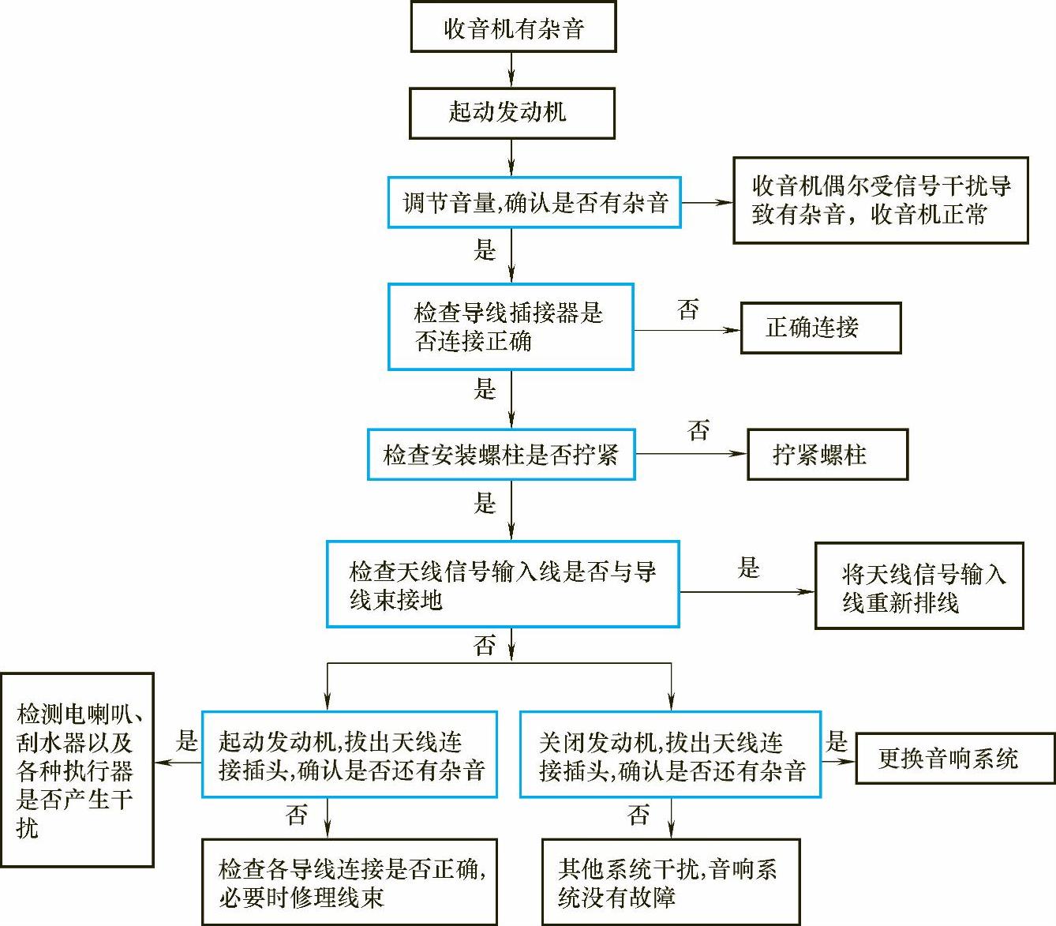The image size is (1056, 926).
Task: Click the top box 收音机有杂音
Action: point(513,28)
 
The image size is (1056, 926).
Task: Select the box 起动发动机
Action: point(511,113)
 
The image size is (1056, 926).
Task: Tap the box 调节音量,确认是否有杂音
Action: point(534,203)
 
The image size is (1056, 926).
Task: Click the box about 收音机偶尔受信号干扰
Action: point(880,201)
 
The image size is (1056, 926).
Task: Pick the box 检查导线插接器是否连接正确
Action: point(511,327)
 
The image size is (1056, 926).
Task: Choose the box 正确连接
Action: point(820,328)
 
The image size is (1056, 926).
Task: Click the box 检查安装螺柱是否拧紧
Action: point(501,455)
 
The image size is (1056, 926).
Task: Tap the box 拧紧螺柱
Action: point(827,455)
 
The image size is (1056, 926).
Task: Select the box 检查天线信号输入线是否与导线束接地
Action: point(503,585)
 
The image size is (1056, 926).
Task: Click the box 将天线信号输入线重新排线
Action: point(919,586)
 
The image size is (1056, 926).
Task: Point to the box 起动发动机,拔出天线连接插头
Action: point(350,755)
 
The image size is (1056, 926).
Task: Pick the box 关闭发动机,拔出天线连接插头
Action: point(670,755)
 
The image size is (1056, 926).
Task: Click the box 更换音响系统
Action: point(955,759)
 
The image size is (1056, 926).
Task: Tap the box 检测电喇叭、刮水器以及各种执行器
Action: point(77,770)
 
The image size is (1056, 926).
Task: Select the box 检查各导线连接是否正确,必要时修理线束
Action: point(350,882)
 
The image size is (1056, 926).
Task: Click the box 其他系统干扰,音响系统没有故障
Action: point(670,882)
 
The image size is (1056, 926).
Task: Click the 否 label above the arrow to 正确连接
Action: point(688,309)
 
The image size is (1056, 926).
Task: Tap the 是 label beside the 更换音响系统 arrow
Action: point(837,741)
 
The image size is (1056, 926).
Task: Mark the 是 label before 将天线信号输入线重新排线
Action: point(748,568)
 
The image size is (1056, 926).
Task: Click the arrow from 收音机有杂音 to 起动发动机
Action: point(511,69)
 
